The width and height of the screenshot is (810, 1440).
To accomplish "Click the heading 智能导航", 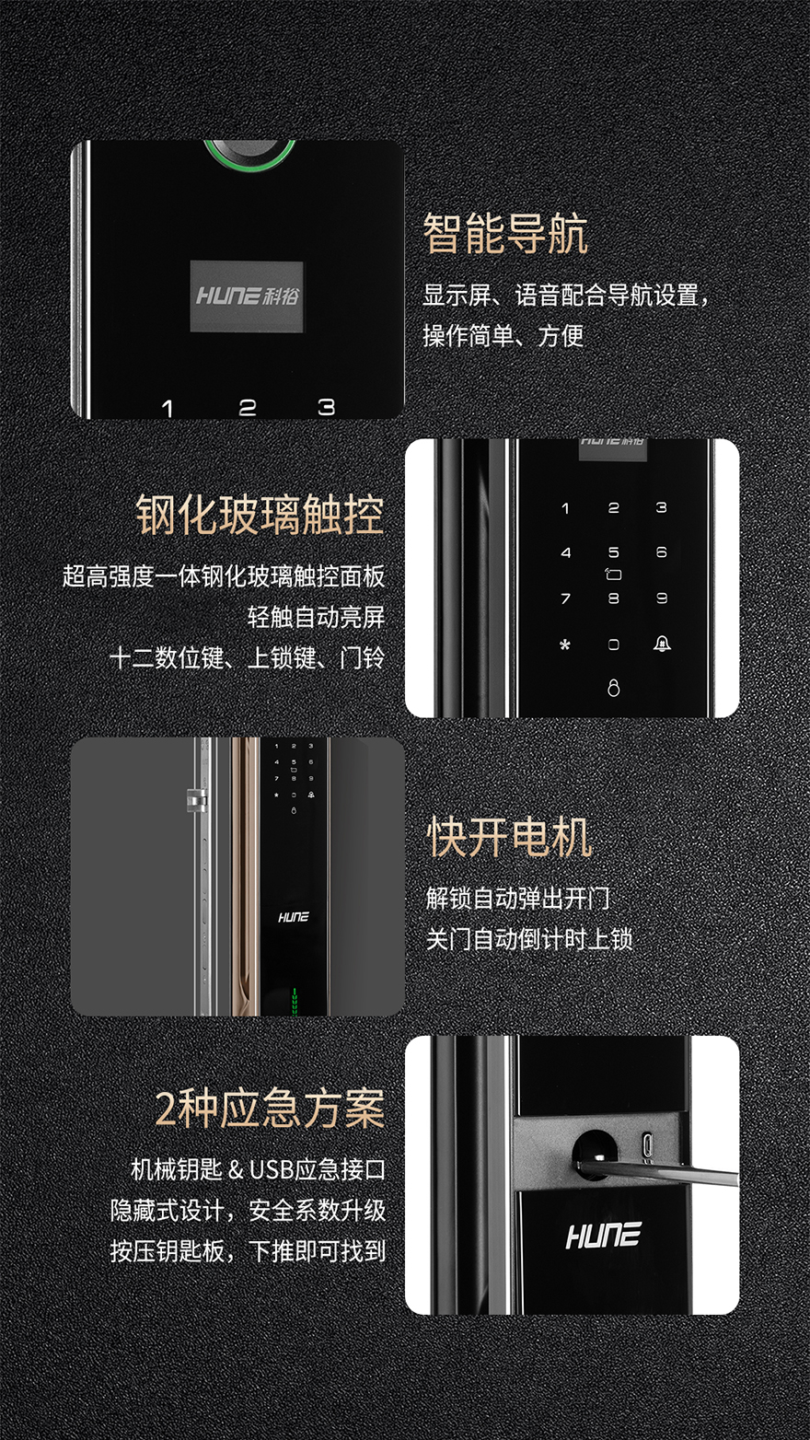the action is coord(505,234).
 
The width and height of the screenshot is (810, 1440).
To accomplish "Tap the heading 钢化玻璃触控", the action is coord(260,515).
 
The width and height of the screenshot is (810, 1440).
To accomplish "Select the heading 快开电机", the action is coord(509,837).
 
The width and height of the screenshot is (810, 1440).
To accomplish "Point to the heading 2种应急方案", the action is coord(270,1109).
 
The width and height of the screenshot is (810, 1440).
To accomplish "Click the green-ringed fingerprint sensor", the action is coord(249,156).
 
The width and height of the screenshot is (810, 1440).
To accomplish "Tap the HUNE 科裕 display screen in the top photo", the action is coord(247,296).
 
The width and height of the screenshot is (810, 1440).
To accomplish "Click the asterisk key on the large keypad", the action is coord(565,645).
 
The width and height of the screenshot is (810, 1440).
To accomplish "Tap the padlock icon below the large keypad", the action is coord(614,688).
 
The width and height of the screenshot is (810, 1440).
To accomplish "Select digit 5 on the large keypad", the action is coord(614,552).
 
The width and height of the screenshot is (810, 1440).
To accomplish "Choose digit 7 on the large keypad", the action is coord(566,598).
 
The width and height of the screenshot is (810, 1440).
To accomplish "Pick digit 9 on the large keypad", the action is coord(662,598).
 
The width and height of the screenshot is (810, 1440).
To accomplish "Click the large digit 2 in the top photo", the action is coord(248,408).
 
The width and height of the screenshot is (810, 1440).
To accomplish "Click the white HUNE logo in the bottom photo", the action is coord(603,1235).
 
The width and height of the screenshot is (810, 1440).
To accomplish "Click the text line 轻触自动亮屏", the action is coord(317,617).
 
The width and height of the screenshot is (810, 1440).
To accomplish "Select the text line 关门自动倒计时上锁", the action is coord(529,939).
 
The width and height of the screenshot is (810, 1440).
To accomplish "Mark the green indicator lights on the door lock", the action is coord(295,1003).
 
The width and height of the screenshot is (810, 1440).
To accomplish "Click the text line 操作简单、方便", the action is coord(503,335).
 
